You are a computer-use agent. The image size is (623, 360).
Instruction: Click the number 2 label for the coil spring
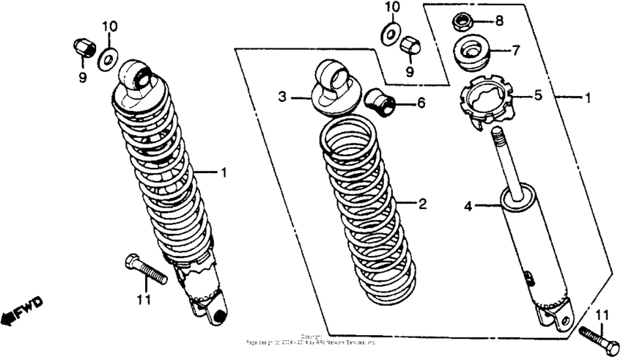click(x=421, y=203)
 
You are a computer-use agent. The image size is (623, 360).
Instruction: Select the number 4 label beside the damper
click(x=467, y=207)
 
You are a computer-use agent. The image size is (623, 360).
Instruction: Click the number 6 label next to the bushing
click(x=421, y=103)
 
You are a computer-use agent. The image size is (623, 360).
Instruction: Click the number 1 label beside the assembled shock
click(x=224, y=172)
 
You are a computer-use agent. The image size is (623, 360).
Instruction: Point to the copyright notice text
click(x=311, y=339)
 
